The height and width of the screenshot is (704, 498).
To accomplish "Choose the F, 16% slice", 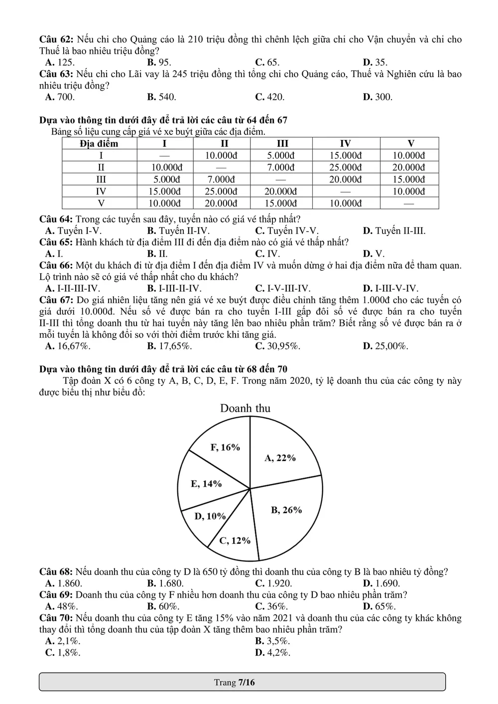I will (225, 447).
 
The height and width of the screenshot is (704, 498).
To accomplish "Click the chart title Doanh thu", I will (245, 408).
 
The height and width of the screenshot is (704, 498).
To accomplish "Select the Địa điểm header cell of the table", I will (100, 143).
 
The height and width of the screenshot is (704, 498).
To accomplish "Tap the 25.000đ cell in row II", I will (346, 167).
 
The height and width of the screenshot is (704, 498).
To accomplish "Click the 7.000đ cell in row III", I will (221, 179).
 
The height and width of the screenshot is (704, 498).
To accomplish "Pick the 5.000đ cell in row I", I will (281, 155).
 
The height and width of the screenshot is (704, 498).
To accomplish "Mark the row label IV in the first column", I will (101, 191).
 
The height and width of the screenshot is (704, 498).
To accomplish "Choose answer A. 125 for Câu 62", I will (60, 62).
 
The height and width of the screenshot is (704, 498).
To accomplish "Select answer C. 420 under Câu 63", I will (270, 97).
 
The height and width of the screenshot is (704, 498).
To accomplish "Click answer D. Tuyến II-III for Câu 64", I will (394, 231).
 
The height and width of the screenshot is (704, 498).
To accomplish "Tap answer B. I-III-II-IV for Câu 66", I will (174, 288).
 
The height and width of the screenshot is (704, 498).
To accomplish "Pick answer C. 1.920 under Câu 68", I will (273, 583).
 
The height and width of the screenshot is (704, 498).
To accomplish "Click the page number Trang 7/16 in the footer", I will (234, 682).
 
